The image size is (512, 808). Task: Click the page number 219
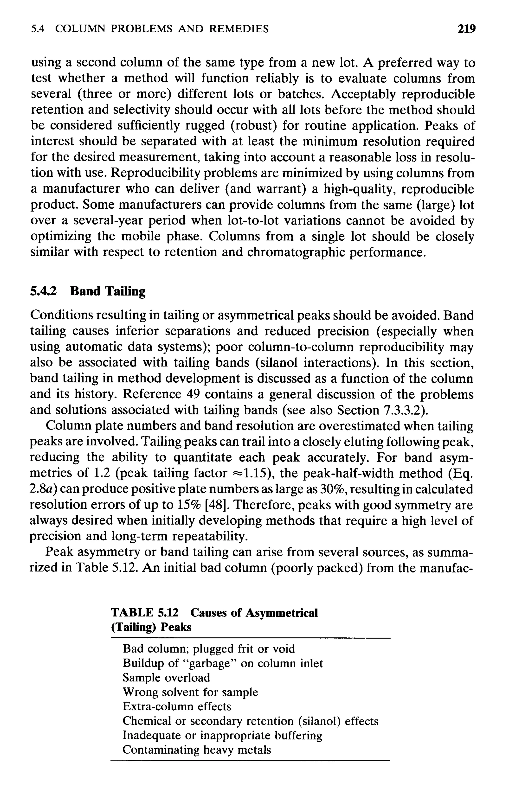[x=467, y=29]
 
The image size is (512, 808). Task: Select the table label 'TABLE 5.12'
[x=145, y=613]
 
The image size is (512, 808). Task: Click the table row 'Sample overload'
[x=166, y=677]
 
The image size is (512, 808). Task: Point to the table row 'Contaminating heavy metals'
[x=196, y=749]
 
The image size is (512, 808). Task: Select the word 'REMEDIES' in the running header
[x=239, y=29]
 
